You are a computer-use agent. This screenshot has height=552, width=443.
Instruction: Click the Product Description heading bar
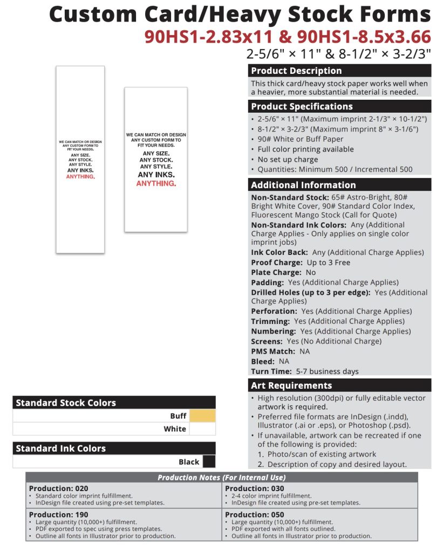click(340, 71)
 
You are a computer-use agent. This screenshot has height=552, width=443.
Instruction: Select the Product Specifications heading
click(340, 106)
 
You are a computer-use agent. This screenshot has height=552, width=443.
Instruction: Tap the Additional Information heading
click(340, 185)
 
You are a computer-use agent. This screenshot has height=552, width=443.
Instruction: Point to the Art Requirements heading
click(340, 385)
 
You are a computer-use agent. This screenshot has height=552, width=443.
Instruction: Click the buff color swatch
click(202, 416)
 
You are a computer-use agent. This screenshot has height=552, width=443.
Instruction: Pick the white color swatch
click(202, 429)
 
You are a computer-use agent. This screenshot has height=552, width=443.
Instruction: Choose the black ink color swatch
click(208, 461)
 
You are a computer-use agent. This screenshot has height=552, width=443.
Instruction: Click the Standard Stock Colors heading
click(114, 403)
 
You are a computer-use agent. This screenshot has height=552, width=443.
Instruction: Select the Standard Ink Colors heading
click(114, 448)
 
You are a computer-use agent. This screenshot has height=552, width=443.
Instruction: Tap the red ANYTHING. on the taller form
click(80, 177)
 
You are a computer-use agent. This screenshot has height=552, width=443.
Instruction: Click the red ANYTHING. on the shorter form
click(156, 184)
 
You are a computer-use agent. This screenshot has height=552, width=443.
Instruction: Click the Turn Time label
click(270, 371)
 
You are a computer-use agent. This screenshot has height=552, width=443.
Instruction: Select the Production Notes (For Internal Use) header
click(221, 478)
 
